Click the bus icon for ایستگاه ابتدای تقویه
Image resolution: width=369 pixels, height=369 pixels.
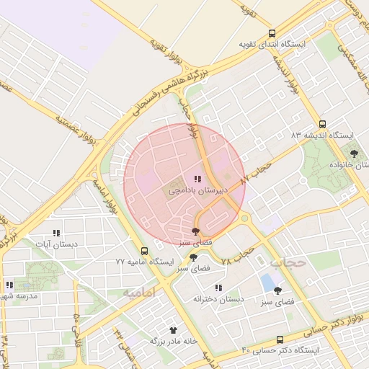(272, 32)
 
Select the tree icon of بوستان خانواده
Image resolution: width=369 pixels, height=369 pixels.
(354, 153)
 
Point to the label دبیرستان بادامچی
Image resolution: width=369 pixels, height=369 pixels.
(198, 191)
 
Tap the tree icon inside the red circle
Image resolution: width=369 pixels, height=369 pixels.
(196, 231)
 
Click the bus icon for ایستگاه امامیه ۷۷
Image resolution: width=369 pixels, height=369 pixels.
(145, 251)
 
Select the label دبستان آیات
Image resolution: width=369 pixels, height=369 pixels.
(56, 244)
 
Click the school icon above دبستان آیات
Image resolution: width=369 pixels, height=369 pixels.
(56, 233)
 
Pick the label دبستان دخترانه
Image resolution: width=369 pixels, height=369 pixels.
(219, 298)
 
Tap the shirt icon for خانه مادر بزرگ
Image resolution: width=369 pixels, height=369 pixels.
(173, 329)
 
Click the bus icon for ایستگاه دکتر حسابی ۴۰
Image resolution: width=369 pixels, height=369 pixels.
(280, 339)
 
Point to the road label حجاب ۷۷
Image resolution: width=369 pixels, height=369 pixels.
(257, 172)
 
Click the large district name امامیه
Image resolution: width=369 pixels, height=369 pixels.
(139, 292)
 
